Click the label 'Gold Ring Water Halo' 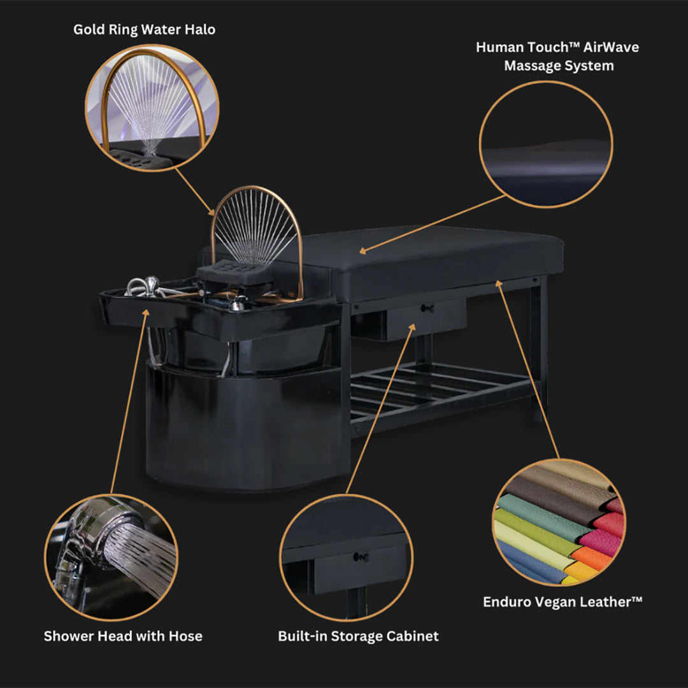pyautogui.click(x=145, y=29)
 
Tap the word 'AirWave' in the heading pyautogui.click(x=611, y=47)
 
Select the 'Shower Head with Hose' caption pyautogui.click(x=124, y=636)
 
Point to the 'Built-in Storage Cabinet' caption pyautogui.click(x=358, y=636)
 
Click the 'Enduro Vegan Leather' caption pyautogui.click(x=563, y=601)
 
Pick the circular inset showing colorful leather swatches pyautogui.click(x=559, y=522)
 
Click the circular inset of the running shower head pyautogui.click(x=111, y=557)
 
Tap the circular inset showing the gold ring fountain pyautogui.click(x=152, y=108)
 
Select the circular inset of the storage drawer pyautogui.click(x=346, y=557)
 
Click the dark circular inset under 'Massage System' pyautogui.click(x=546, y=144)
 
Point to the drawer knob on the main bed pyautogui.click(x=426, y=308)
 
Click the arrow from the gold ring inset pyautogui.click(x=195, y=192)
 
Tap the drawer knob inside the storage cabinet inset pyautogui.click(x=360, y=557)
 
